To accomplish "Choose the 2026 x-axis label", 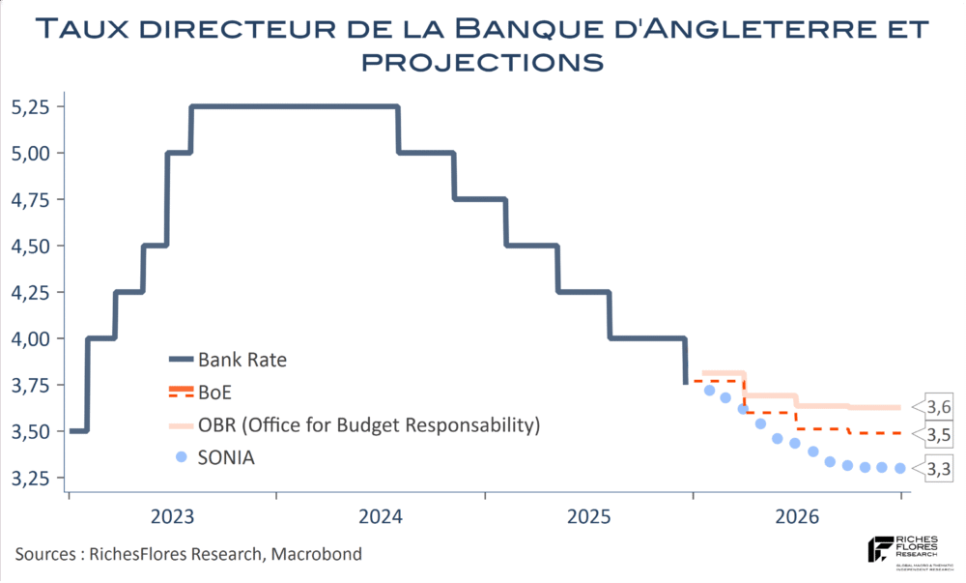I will click(798, 516).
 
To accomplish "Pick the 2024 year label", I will click(382, 516).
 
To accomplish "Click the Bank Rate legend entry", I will click(242, 361).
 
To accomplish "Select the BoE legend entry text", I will click(215, 393).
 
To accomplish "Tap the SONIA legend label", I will click(227, 457).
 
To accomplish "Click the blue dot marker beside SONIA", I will click(181, 456).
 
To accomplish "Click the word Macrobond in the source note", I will click(318, 554).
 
